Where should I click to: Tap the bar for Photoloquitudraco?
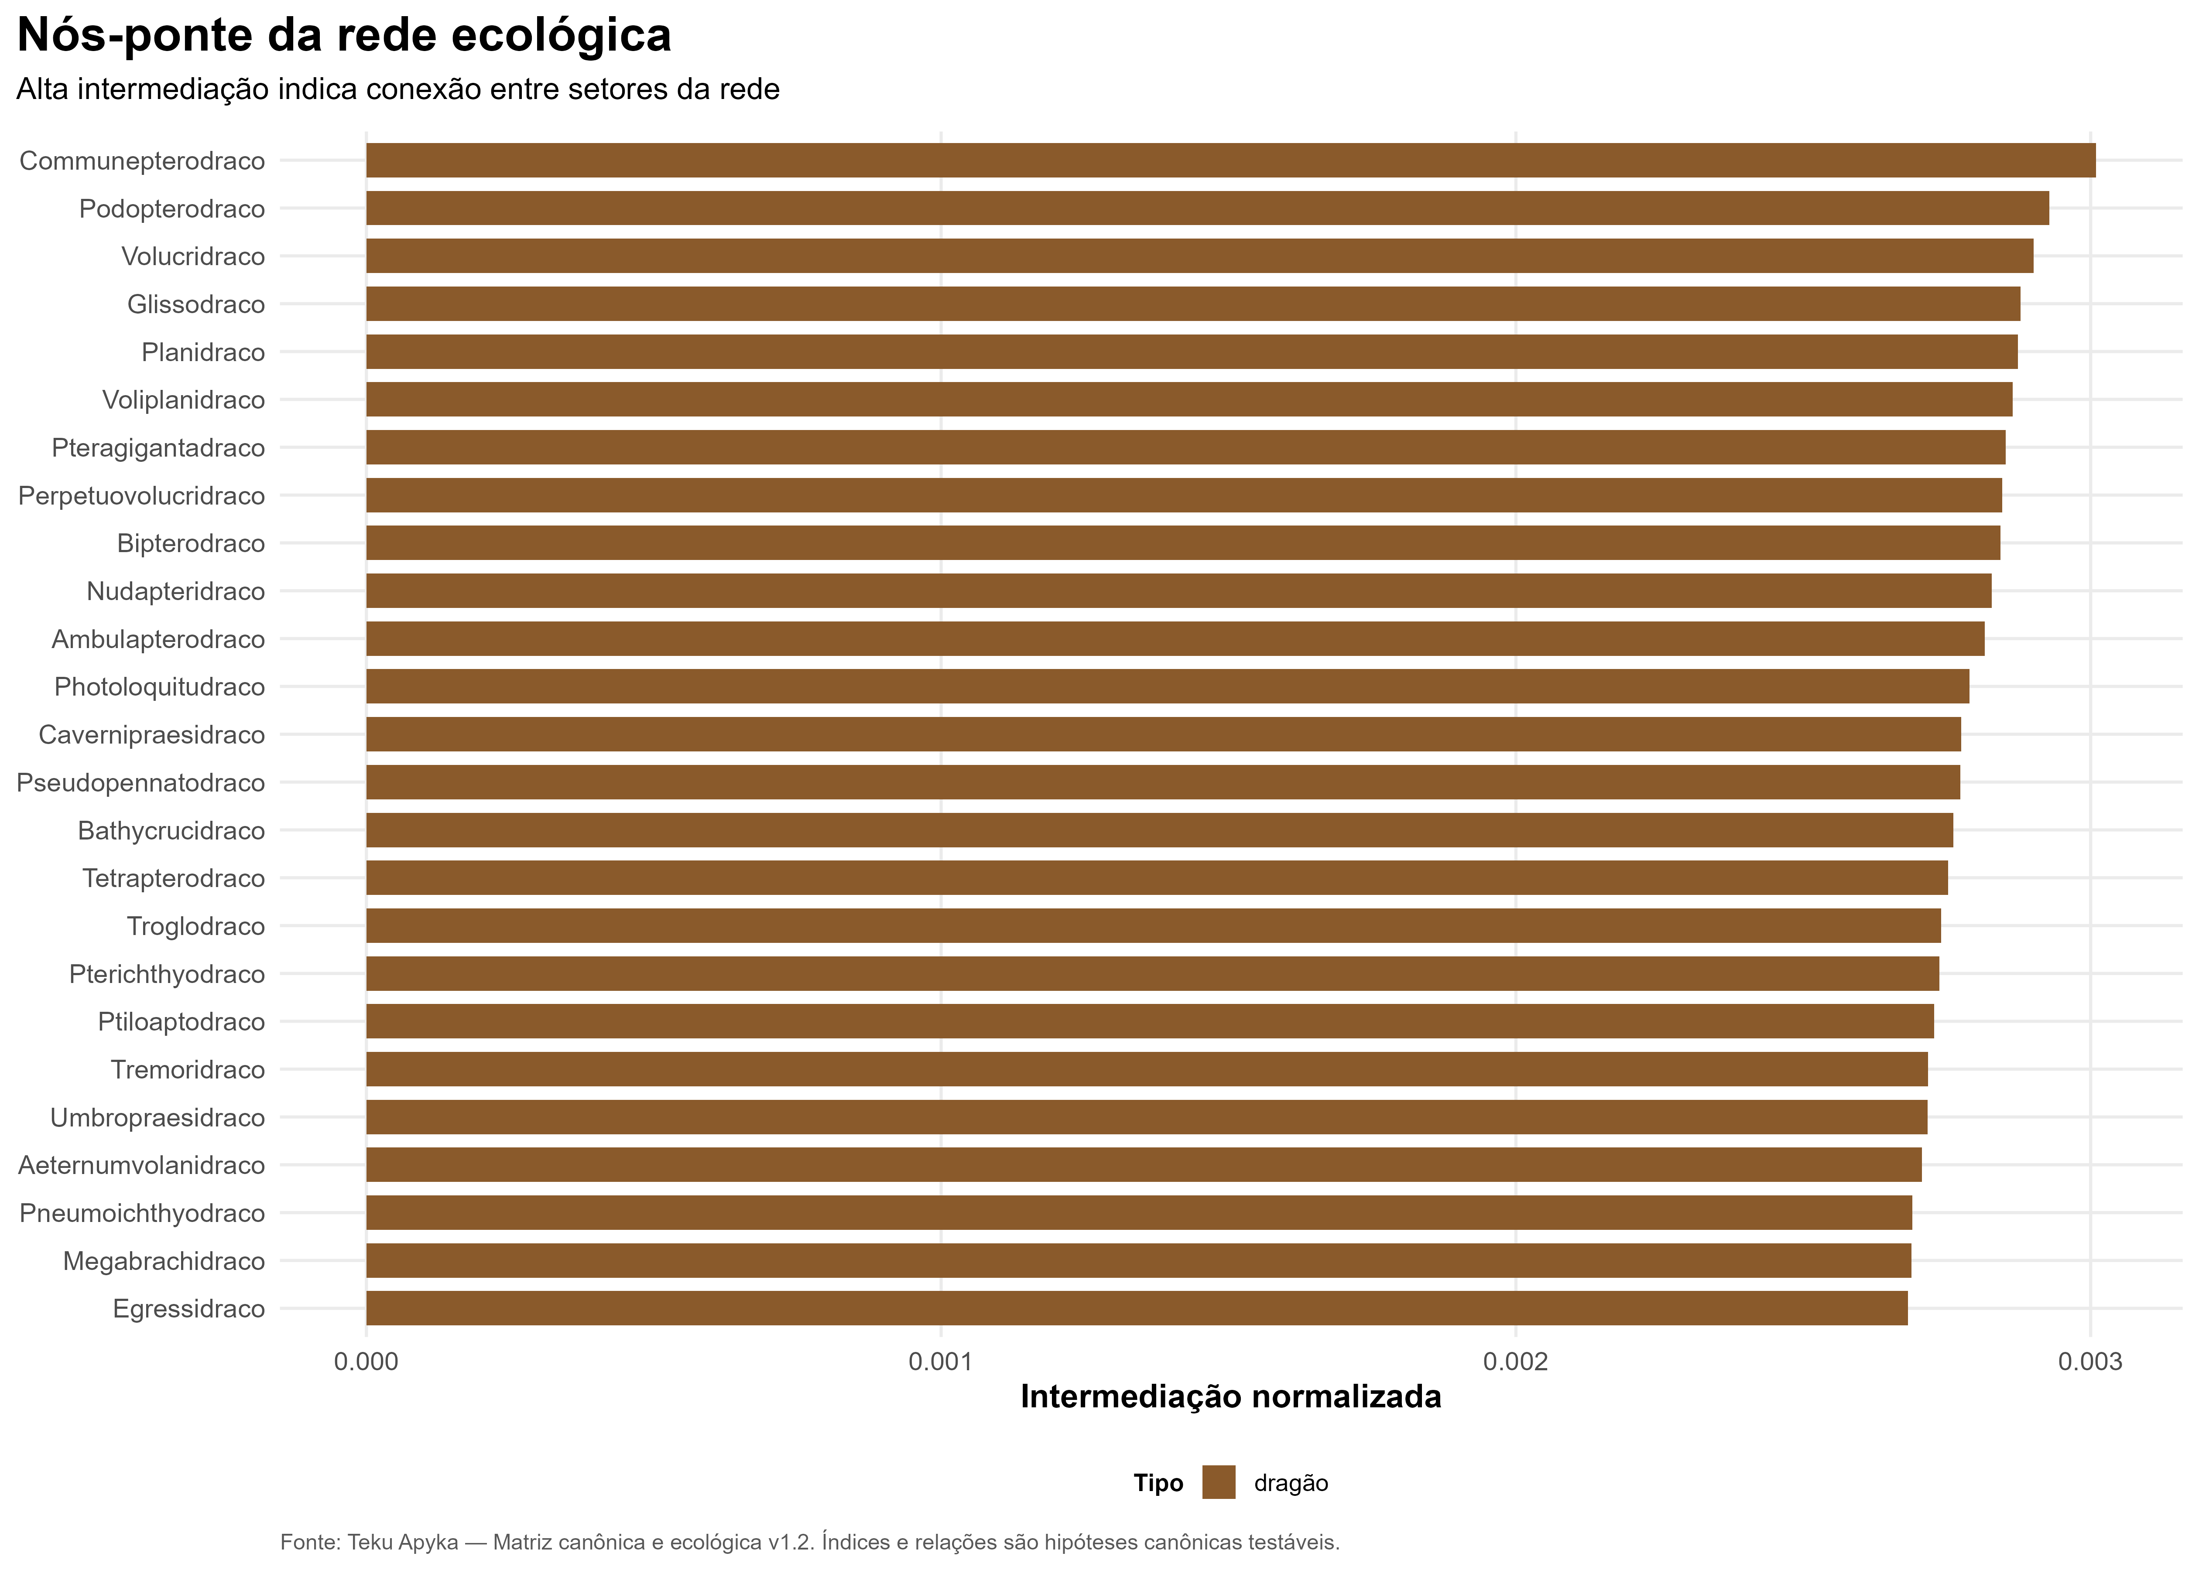1167,686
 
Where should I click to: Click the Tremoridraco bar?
1147,1069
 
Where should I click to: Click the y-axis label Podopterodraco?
172,209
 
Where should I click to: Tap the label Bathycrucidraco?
171,830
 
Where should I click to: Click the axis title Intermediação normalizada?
1231,1397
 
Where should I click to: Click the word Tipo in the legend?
1158,1483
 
